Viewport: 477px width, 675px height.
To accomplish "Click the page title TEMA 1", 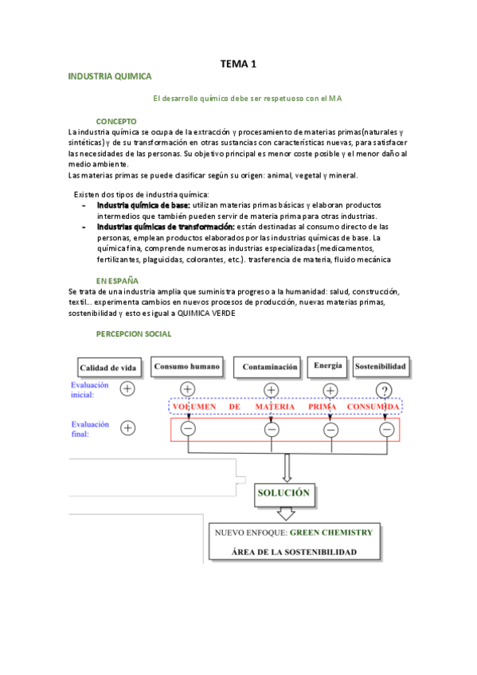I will tap(238, 64).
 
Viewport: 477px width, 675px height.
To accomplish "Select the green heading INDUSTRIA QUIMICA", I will tap(110, 76).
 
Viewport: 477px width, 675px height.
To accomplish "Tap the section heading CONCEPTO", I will tap(116, 120).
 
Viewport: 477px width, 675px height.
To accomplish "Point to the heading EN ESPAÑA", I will tap(117, 281).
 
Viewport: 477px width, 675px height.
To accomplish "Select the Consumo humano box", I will tap(186, 367).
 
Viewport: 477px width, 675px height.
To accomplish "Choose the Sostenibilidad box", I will tap(381, 367).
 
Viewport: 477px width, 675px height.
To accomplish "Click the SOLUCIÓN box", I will tap(283, 493).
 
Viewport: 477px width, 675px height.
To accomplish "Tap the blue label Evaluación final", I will tap(87, 429).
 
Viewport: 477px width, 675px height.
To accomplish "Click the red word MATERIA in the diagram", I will tap(276, 407).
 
